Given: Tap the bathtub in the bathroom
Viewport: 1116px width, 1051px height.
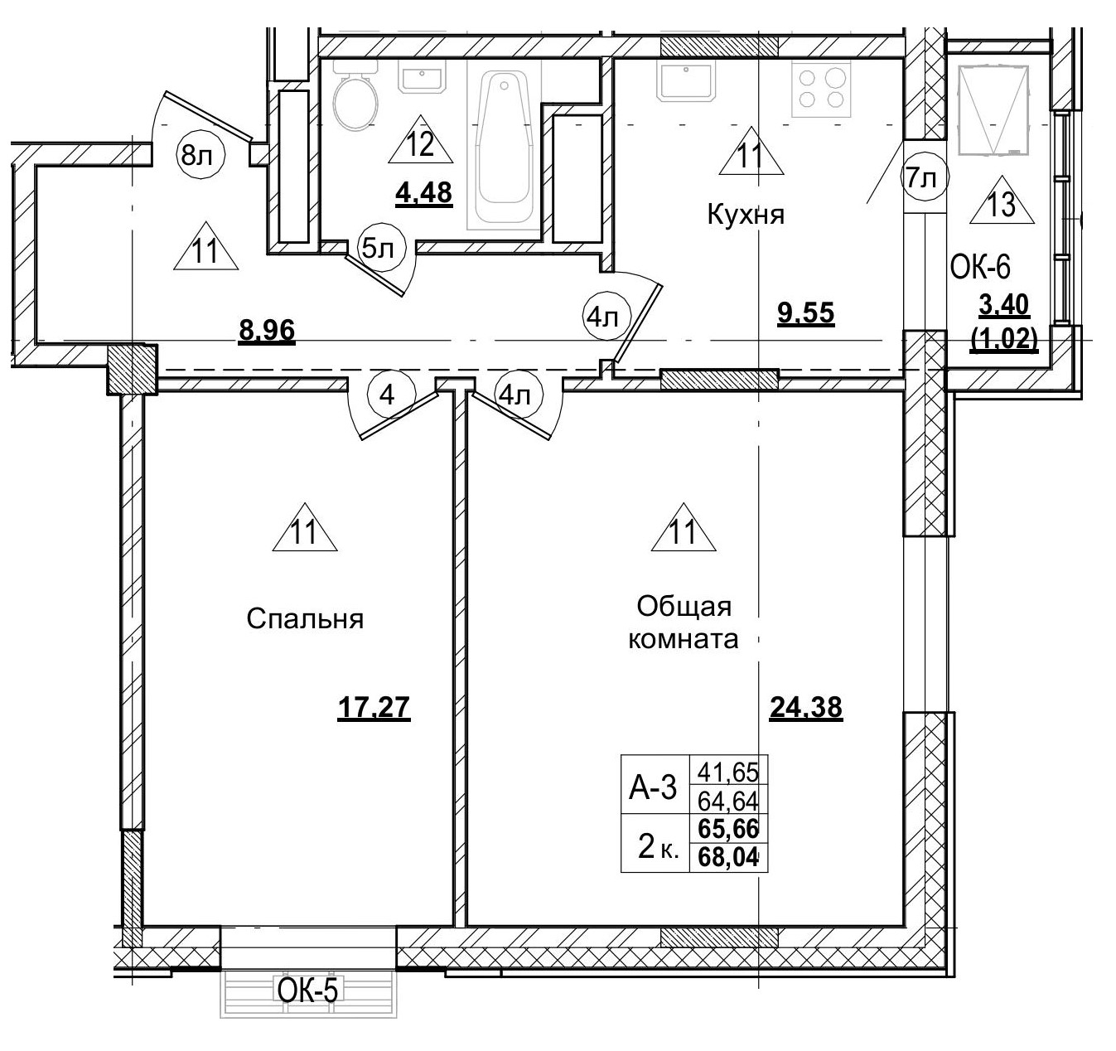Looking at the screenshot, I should [x=502, y=149].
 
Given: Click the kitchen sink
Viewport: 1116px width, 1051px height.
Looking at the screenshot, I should [x=688, y=81].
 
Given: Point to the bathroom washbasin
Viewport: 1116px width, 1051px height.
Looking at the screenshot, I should [x=423, y=78].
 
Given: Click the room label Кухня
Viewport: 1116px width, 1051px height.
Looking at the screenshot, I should [x=745, y=215].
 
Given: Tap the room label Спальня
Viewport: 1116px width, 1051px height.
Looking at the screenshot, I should [x=305, y=619].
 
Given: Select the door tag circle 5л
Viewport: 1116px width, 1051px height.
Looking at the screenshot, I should [x=378, y=247].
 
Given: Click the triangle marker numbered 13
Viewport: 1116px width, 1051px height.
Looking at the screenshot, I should [x=1002, y=202].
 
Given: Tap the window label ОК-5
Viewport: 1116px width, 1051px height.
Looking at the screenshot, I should [x=307, y=990].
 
